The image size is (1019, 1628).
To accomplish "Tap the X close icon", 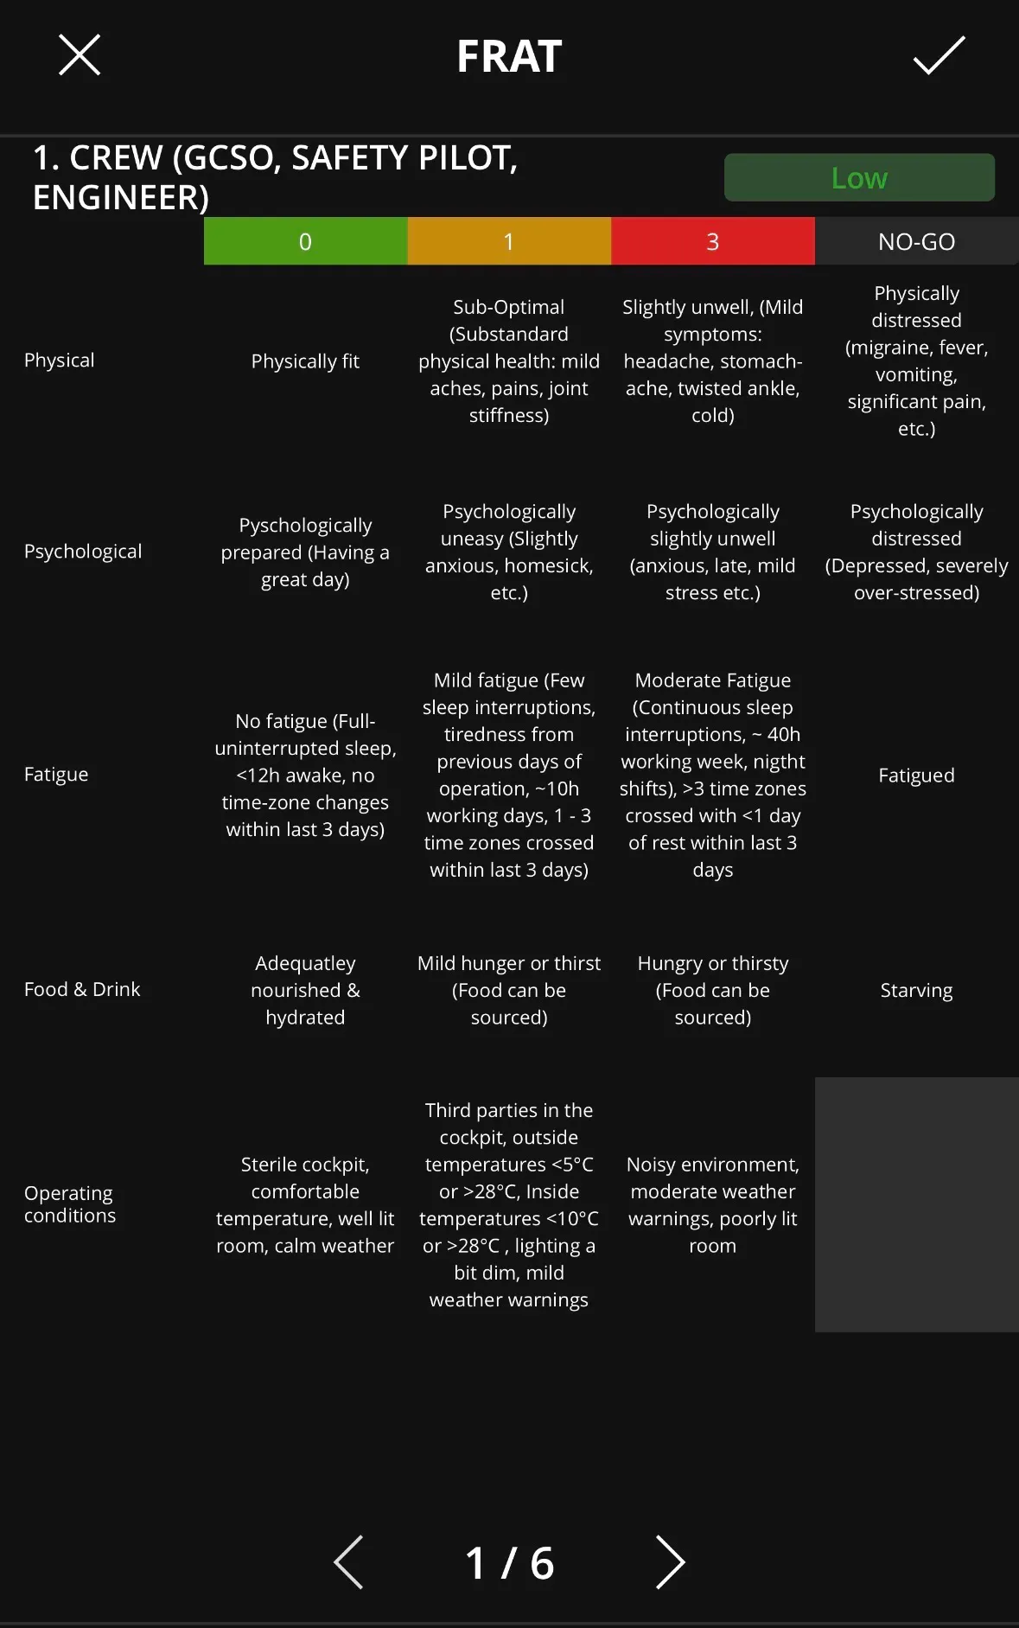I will (x=80, y=55).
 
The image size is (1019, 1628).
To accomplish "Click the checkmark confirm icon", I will (x=939, y=55).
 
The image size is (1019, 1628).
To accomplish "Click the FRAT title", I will (x=509, y=57).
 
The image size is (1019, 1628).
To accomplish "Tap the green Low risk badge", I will (x=859, y=178).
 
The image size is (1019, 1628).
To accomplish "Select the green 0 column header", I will (x=305, y=241).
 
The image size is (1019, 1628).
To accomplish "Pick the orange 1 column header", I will (x=509, y=241).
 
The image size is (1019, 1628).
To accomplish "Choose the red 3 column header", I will (x=713, y=241).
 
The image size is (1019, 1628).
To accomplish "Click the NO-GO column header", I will (x=916, y=241).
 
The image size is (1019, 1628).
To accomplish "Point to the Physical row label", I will (x=60, y=361).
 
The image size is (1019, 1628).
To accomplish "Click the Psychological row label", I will (x=83, y=552).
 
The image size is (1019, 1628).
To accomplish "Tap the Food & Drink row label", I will (x=82, y=989).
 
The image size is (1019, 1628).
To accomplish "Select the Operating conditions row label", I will (x=70, y=1204).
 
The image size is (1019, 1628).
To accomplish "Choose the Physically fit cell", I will (x=305, y=361).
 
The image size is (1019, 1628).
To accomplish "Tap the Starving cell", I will (x=916, y=990).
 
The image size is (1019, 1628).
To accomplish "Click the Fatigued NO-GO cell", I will (x=916, y=776).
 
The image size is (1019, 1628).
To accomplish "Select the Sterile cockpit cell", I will (x=305, y=1205).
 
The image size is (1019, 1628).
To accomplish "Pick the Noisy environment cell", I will (x=713, y=1205).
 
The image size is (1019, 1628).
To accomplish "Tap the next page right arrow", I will (x=670, y=1562).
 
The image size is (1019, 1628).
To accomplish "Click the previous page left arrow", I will (x=348, y=1562).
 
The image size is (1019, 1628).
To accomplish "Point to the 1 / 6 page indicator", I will (x=509, y=1563).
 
